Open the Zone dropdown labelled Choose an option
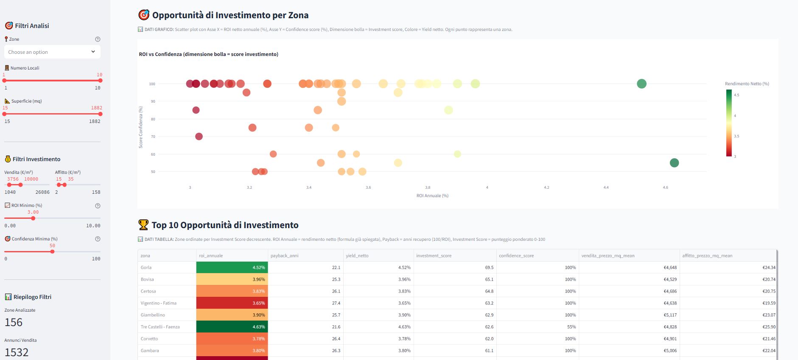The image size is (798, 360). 52,52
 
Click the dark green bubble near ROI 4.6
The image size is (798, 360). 674,163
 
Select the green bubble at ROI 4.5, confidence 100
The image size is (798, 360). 641,84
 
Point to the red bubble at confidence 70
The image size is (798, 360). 199,137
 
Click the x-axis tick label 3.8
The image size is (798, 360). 428,187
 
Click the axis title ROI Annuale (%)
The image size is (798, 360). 432,196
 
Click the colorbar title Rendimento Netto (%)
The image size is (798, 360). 747,84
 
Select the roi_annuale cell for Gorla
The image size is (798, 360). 232,268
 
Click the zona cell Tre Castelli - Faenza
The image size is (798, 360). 160,327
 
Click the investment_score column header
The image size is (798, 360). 434,256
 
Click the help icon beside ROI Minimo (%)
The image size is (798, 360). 98,206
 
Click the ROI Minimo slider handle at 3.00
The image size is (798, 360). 33,218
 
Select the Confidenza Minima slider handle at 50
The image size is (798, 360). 52,252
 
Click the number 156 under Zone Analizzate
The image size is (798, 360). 14,322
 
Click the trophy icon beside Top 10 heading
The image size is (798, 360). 143,225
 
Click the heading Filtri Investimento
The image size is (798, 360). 36,159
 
